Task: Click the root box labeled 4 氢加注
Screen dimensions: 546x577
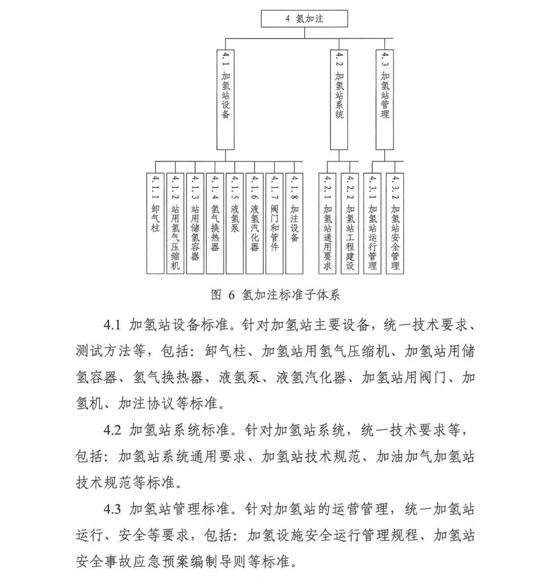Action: pyautogui.click(x=304, y=18)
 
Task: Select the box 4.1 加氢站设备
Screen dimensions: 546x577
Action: pyautogui.click(x=225, y=100)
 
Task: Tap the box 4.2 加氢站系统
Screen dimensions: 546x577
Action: pyautogui.click(x=339, y=100)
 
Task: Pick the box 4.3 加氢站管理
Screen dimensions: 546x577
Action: pyautogui.click(x=385, y=100)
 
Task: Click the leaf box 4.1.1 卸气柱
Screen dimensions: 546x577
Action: pyautogui.click(x=156, y=223)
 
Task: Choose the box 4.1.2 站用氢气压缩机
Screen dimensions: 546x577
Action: pyautogui.click(x=175, y=223)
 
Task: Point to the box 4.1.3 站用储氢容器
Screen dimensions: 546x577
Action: pyautogui.click(x=195, y=223)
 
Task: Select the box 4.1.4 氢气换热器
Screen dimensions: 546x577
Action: pyautogui.click(x=215, y=223)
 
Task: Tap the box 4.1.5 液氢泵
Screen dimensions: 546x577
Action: pyautogui.click(x=235, y=223)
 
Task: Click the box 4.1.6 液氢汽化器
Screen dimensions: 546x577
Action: pyautogui.click(x=255, y=223)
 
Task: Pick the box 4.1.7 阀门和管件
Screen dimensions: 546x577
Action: pyautogui.click(x=275, y=223)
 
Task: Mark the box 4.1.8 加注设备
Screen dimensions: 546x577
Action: pyautogui.click(x=294, y=223)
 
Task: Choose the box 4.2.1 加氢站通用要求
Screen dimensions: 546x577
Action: pyautogui.click(x=328, y=223)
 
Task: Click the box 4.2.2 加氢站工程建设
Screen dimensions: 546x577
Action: pyautogui.click(x=350, y=223)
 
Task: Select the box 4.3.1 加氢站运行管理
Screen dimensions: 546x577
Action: pyautogui.click(x=373, y=223)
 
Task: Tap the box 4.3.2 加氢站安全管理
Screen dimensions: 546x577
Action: pyautogui.click(x=395, y=223)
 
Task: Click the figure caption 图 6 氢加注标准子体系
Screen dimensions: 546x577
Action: pyautogui.click(x=276, y=295)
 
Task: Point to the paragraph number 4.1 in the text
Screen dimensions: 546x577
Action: pyautogui.click(x=112, y=325)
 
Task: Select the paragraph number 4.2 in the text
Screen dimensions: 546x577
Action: pyautogui.click(x=112, y=430)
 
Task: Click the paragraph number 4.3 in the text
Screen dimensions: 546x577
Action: pyautogui.click(x=112, y=509)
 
